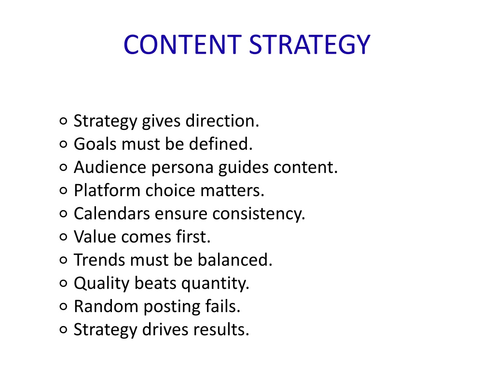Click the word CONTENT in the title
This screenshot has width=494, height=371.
[182, 44]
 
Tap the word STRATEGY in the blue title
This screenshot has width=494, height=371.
[309, 44]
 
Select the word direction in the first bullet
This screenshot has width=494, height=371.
[222, 121]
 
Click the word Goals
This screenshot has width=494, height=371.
[95, 144]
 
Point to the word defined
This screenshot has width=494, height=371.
[220, 144]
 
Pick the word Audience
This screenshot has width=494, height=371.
[110, 167]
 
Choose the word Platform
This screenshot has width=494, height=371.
[107, 190]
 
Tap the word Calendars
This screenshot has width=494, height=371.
[112, 214]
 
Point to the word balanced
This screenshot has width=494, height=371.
[235, 260]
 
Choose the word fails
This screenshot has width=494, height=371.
[222, 306]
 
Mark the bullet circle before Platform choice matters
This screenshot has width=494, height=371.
[63, 190]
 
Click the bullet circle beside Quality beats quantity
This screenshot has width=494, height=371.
[63, 283]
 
